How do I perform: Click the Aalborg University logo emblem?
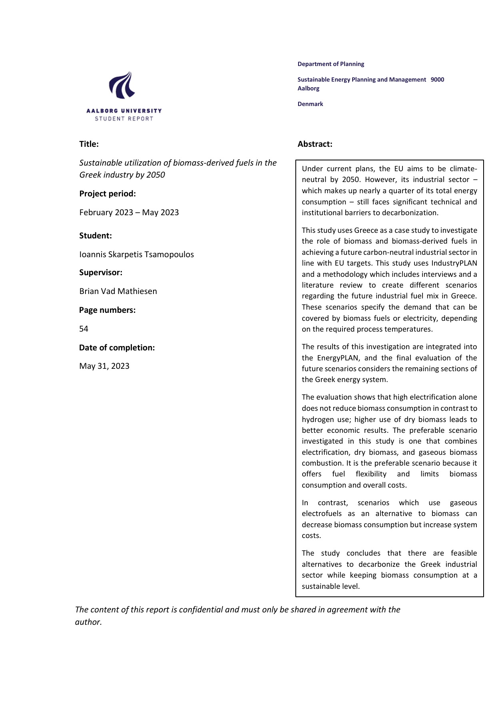point(122,85)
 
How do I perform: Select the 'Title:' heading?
point(89,144)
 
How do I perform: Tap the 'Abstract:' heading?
point(315,144)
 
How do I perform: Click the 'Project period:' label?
point(107,194)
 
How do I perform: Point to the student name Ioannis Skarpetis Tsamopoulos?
point(136,254)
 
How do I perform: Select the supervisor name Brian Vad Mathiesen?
point(118,291)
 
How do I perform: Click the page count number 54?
point(84,329)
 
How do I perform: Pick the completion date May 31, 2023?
point(104,366)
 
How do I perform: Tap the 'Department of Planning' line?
point(331,64)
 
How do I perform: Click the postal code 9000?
point(437,80)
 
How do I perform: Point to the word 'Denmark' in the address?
point(310,104)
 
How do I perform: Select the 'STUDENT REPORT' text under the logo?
point(124,119)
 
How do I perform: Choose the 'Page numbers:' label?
point(107,310)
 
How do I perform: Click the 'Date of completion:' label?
point(117,348)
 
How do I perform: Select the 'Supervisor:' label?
point(101,272)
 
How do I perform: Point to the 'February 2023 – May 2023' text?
point(129,212)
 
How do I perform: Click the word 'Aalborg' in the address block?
point(308,88)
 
